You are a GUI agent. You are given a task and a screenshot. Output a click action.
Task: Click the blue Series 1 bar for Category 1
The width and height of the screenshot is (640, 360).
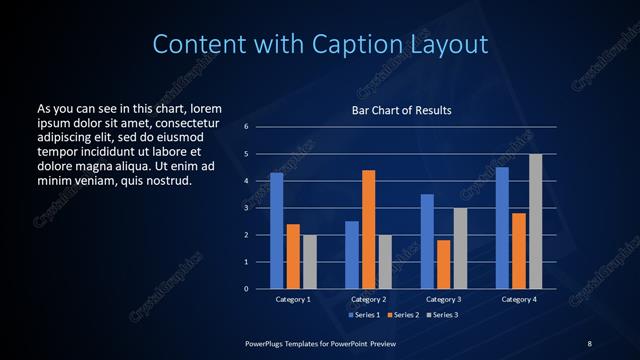tap(276, 231)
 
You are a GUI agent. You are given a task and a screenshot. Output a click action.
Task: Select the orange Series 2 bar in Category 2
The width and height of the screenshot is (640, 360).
tap(368, 229)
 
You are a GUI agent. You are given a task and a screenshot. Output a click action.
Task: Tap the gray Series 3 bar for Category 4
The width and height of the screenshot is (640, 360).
tap(536, 221)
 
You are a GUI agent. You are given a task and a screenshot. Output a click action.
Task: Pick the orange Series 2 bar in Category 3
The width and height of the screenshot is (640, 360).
tap(443, 264)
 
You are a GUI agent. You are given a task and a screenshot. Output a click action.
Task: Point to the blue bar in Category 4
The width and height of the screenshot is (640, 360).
tap(502, 228)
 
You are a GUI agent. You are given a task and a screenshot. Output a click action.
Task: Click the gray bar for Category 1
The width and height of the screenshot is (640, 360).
tap(310, 262)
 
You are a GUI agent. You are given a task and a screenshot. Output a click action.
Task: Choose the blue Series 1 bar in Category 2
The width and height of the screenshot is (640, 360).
tap(351, 255)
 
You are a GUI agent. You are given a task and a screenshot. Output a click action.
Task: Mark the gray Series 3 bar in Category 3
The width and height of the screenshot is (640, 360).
tap(460, 248)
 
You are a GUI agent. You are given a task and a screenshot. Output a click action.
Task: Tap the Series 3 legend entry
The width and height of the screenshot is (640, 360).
tap(440, 315)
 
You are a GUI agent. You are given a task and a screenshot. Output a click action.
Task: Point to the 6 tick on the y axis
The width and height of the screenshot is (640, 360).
tap(246, 127)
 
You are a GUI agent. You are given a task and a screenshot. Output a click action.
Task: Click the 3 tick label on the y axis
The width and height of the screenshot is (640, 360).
tap(246, 208)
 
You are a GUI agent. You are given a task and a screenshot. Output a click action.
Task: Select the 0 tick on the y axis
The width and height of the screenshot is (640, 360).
tap(246, 289)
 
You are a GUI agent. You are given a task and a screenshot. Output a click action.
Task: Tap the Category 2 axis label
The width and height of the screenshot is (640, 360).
tap(368, 299)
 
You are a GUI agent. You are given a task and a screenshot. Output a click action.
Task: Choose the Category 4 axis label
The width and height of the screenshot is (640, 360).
tap(518, 299)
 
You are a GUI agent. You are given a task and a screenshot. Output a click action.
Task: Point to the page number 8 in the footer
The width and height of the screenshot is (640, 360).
tap(589, 343)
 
